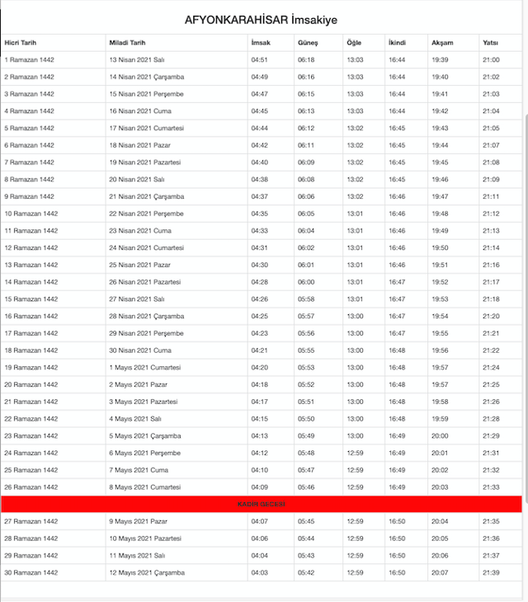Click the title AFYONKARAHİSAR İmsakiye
(261, 19)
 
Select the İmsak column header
(261, 42)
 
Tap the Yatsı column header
(490, 42)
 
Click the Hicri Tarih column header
(21, 42)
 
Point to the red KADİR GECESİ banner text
(261, 504)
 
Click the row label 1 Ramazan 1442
(30, 59)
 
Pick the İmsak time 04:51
(259, 59)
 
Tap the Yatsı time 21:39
(491, 572)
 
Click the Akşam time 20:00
(440, 435)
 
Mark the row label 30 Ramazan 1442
(31, 572)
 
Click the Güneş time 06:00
(306, 282)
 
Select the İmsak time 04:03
(259, 572)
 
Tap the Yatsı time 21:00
(491, 59)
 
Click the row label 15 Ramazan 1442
(31, 299)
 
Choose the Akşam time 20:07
(440, 572)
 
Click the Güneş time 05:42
(306, 572)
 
